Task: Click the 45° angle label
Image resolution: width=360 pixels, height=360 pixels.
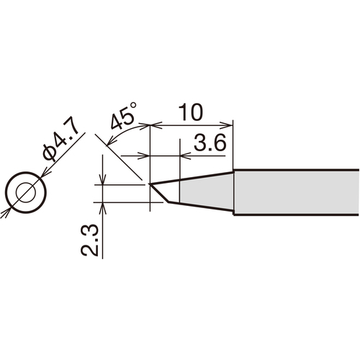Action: coord(124,117)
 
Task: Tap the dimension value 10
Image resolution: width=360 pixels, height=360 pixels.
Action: coord(192,112)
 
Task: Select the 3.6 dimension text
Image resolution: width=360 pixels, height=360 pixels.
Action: coord(210,143)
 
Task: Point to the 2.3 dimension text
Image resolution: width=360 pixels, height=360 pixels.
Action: coord(89,240)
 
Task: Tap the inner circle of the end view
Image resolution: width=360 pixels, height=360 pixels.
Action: coord(26,192)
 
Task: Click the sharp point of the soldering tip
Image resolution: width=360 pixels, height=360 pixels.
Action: coord(149,184)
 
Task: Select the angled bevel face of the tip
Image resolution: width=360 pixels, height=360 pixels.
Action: coord(159,194)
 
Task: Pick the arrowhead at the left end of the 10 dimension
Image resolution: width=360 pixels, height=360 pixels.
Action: coord(156,125)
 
